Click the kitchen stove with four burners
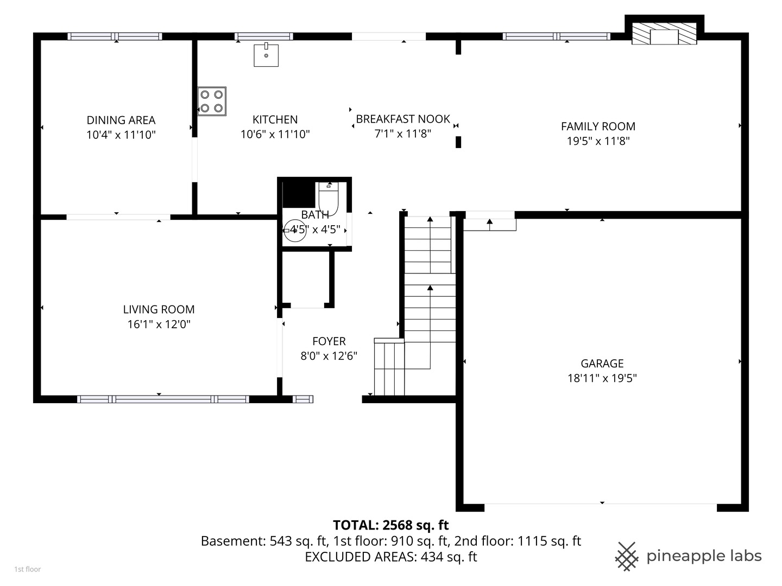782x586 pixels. click(x=212, y=101)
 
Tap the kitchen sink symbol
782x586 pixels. click(x=266, y=55)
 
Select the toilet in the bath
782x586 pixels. click(x=328, y=199)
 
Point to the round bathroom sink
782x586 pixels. click(x=295, y=231)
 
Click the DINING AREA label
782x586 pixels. click(x=121, y=120)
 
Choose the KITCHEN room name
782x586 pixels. click(x=275, y=119)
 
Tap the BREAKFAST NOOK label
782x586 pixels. click(x=403, y=119)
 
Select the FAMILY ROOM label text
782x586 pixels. click(x=598, y=126)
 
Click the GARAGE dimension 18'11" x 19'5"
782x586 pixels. click(x=602, y=378)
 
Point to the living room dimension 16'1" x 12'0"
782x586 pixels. click(x=159, y=324)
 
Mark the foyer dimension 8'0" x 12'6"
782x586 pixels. click(x=329, y=356)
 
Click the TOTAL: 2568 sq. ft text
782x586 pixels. click(x=391, y=525)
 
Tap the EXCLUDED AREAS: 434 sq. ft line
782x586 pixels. click(x=391, y=557)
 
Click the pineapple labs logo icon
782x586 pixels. click(x=627, y=557)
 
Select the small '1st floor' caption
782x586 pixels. click(x=28, y=569)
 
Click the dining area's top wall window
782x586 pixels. click(x=115, y=36)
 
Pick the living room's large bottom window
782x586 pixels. click(x=163, y=399)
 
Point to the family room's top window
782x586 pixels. click(x=557, y=36)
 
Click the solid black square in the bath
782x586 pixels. click(x=299, y=195)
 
